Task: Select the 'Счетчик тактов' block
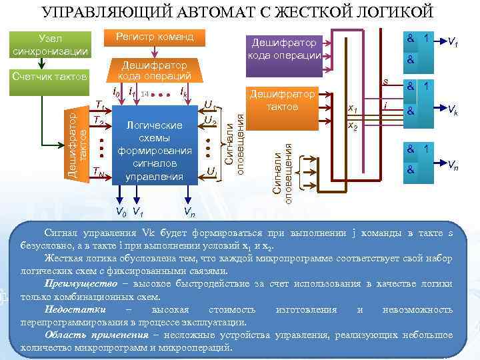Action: [x=50, y=78]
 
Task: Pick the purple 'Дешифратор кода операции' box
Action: [x=285, y=48]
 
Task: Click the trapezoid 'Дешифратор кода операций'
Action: [x=154, y=70]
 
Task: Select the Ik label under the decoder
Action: [x=183, y=92]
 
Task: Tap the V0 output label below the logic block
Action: [x=120, y=213]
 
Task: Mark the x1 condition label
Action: [x=353, y=109]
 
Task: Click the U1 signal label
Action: [x=209, y=105]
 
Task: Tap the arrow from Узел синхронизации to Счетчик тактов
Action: [x=42, y=63]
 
